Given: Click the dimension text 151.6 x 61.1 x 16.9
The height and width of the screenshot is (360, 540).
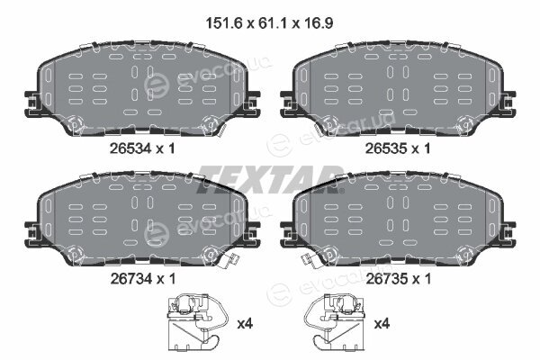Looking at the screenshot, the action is point(269,23).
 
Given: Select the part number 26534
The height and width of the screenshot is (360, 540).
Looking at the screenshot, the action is point(130,148).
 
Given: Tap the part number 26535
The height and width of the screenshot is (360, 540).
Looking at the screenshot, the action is point(386,148).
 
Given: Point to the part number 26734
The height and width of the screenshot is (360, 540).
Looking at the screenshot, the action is point(131,279).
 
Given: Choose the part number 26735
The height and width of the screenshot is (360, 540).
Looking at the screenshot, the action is point(386,279).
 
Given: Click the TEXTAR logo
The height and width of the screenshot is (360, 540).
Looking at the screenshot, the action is point(271,179).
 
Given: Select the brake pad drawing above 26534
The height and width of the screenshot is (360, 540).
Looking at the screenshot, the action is point(142,89).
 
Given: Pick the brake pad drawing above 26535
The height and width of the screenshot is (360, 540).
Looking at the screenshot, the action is point(398,89).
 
